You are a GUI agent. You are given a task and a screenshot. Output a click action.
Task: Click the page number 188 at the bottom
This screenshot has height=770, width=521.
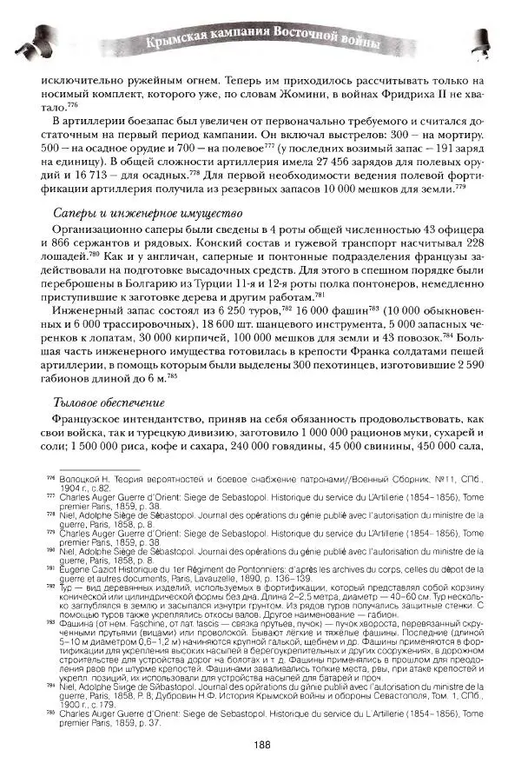point(260,745)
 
